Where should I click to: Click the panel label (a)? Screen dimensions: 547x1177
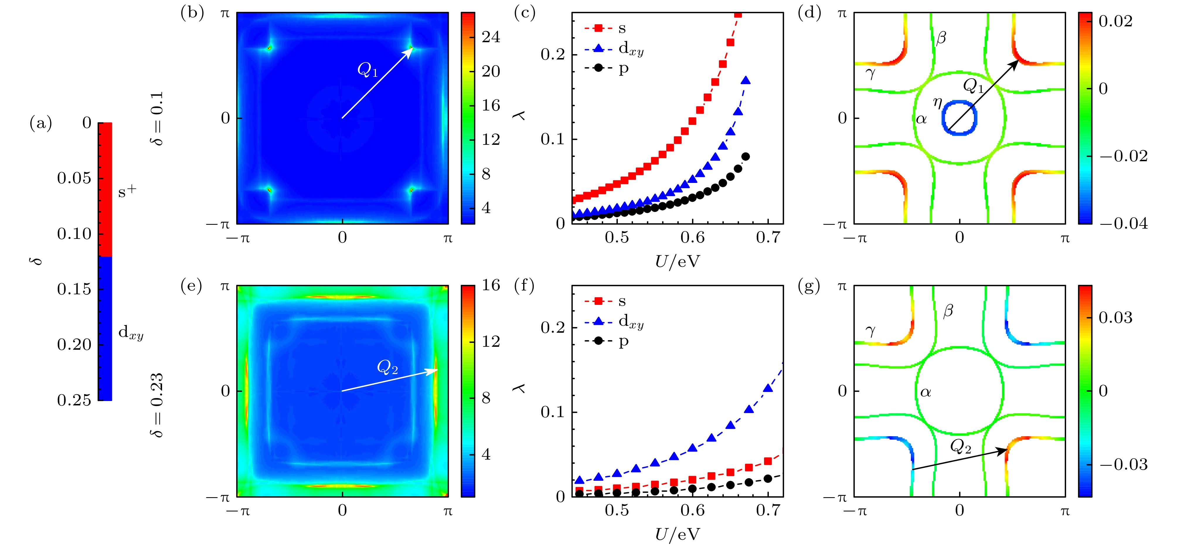(41, 123)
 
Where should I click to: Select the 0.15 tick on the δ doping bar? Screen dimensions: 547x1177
(74, 289)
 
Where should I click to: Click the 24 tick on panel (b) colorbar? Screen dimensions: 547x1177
(491, 37)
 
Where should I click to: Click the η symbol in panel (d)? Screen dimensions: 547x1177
(938, 103)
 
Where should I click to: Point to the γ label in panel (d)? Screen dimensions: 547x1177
(870, 73)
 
